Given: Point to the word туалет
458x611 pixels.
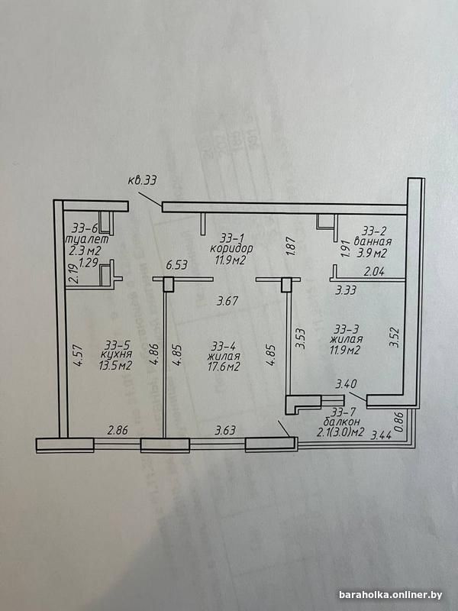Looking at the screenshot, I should [89, 239].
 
